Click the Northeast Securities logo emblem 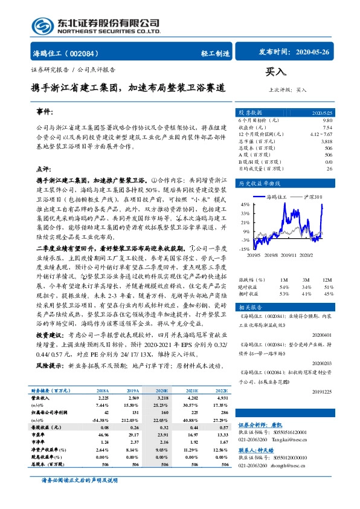coord(41,25)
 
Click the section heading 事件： coord(45,112)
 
